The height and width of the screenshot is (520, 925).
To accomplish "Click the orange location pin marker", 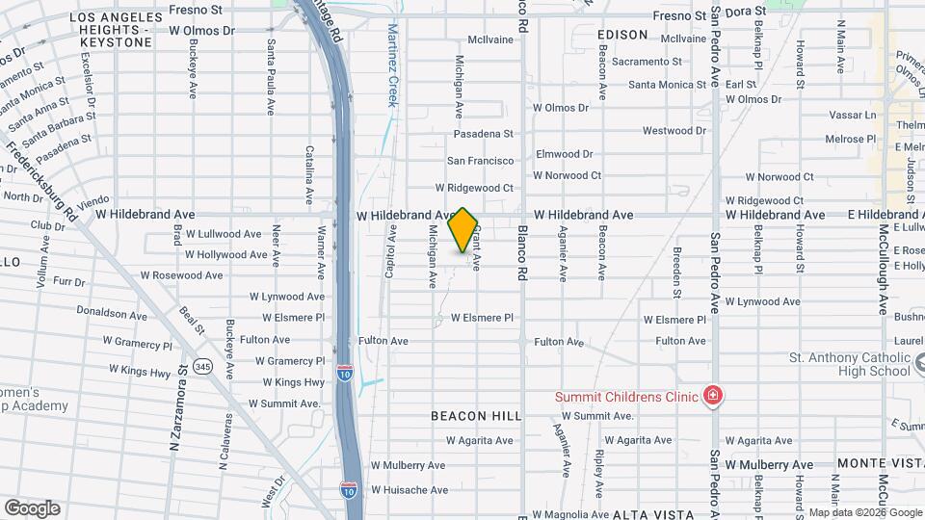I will pos(463,230).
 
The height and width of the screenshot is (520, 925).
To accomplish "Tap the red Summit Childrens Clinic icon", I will pos(712,396).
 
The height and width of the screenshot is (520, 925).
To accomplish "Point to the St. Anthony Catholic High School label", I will pos(850,364).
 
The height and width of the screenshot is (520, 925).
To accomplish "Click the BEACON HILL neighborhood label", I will pos(476,416).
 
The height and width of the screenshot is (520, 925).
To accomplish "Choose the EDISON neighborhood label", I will pos(622,35).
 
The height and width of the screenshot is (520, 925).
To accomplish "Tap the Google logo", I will pos(31,508).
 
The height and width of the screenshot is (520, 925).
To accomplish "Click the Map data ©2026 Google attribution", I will pos(864,512).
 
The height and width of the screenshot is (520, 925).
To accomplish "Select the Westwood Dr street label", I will pos(674,131).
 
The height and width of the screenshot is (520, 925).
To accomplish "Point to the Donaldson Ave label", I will pos(112,314).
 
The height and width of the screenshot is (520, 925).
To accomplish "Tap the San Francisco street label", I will pos(479,161).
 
